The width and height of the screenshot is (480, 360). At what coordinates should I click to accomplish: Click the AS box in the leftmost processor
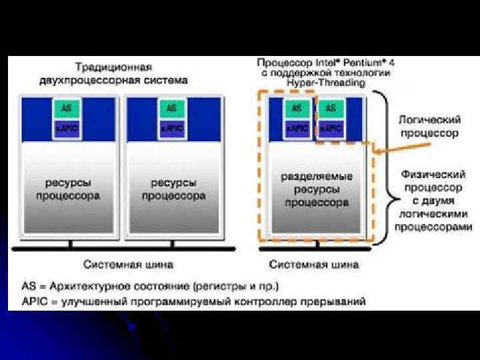point(66,107)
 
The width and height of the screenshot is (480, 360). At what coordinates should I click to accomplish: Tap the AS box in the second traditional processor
point(172,107)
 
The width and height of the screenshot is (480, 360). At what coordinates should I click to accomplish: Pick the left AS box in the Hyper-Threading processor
point(296,107)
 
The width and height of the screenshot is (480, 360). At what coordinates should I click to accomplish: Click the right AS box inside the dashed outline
point(331,107)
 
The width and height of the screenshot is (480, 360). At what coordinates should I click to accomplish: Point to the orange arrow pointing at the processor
point(385,153)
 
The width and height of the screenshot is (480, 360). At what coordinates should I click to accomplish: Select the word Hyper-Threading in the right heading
point(325,83)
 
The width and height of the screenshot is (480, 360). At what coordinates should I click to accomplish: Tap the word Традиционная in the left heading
point(113,67)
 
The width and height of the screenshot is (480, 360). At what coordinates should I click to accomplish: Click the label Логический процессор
point(429,126)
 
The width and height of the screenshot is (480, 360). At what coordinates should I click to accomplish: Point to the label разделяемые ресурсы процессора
point(316,189)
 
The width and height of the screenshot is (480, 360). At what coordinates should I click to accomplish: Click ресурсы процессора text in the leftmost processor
point(68,189)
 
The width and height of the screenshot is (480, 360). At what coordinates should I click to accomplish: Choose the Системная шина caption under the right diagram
point(313,264)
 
